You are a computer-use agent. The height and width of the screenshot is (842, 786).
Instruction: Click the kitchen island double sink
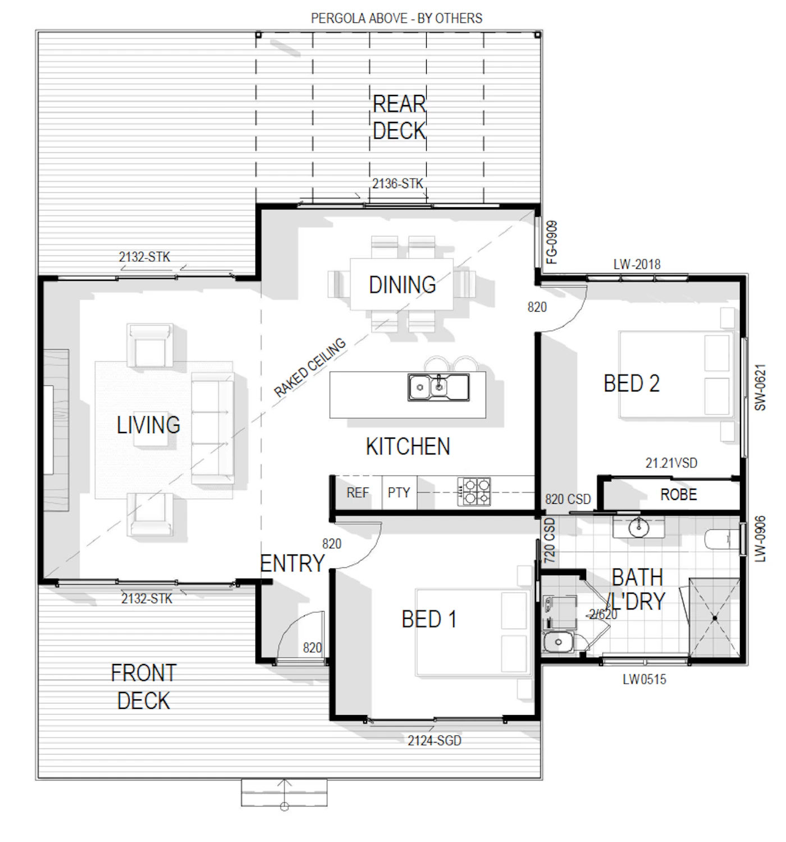(438, 386)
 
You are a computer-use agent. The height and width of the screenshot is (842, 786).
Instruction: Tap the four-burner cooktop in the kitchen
(473, 491)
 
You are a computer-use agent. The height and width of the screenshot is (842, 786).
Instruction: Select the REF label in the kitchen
(357, 492)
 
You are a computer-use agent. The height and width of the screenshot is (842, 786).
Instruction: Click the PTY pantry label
(399, 492)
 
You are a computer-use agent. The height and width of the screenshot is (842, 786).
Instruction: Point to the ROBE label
(678, 494)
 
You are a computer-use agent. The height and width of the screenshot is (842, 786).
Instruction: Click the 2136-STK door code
(397, 183)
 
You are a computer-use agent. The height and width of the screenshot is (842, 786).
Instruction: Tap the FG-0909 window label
(551, 242)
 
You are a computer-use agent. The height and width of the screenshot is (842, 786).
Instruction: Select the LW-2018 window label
(636, 264)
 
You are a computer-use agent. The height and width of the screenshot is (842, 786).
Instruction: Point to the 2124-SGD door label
(434, 740)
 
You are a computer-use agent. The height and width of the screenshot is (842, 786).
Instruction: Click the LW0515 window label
(644, 679)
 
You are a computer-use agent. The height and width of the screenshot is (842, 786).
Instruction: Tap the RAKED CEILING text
(309, 367)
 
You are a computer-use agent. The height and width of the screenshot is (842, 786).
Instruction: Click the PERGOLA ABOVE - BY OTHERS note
(396, 18)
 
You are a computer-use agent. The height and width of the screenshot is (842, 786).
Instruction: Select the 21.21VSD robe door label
(671, 462)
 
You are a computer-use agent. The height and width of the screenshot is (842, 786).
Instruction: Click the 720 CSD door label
(549, 540)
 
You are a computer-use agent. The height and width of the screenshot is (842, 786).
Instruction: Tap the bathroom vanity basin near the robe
(638, 527)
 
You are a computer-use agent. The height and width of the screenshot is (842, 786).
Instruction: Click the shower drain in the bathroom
(715, 618)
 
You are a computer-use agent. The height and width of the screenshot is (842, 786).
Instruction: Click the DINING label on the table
(402, 284)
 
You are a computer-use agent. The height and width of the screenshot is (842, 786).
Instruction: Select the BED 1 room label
(428, 619)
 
